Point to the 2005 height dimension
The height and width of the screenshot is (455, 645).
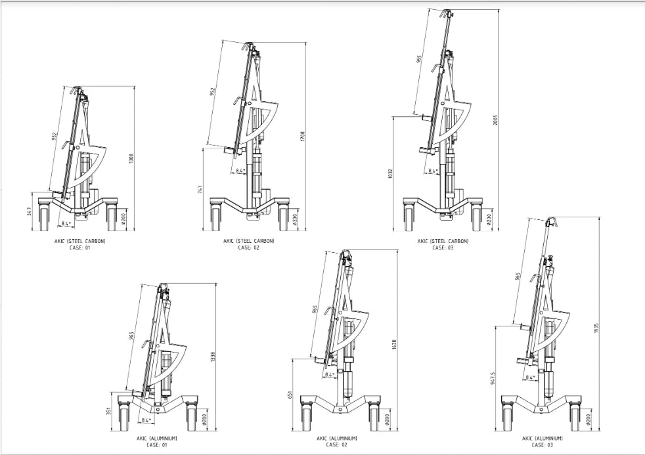[496, 119]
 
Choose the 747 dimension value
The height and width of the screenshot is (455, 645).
[200, 188]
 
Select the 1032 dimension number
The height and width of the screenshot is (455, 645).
[390, 173]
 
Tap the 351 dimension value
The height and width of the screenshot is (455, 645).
[109, 412]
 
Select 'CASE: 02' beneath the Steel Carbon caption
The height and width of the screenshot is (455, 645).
[248, 248]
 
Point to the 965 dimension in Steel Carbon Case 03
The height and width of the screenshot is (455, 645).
[419, 59]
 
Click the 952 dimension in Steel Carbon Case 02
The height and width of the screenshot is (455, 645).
[212, 92]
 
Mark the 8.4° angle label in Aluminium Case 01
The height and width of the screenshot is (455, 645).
[146, 420]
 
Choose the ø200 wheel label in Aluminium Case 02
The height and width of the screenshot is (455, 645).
[388, 418]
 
